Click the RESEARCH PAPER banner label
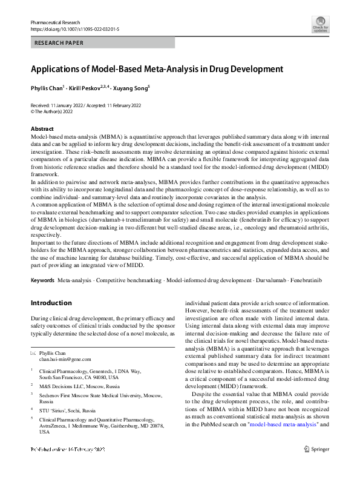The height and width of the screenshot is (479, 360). click(59, 43)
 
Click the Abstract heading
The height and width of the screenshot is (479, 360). click(42, 129)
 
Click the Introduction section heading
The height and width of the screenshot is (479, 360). click(51, 303)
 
